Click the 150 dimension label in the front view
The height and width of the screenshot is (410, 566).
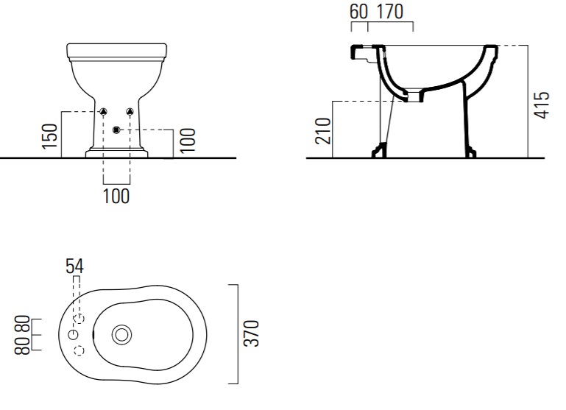50,136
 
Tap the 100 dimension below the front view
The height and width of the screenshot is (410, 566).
116,197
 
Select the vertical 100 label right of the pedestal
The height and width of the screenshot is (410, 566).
188,141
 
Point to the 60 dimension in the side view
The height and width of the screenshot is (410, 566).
358,12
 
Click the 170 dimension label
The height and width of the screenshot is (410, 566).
390,12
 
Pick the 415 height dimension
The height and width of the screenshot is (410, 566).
542,105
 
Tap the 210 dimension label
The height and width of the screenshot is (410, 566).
323,131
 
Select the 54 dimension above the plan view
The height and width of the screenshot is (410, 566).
75,266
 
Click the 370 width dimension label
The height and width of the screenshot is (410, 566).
252,333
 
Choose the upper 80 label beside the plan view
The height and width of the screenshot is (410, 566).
22,325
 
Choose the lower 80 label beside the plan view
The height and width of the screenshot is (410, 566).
22,345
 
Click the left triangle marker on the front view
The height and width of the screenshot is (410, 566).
104,112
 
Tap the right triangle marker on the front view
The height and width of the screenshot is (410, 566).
130,112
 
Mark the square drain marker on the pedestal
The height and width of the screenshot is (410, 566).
116,130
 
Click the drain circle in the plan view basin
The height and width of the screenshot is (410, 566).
121,335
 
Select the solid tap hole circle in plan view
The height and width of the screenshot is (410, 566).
74,335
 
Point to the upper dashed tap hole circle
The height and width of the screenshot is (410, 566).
79,319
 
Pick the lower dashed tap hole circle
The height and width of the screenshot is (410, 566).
79,350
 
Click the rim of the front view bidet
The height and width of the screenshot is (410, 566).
117,52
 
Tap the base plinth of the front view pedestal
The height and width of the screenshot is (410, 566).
116,153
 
